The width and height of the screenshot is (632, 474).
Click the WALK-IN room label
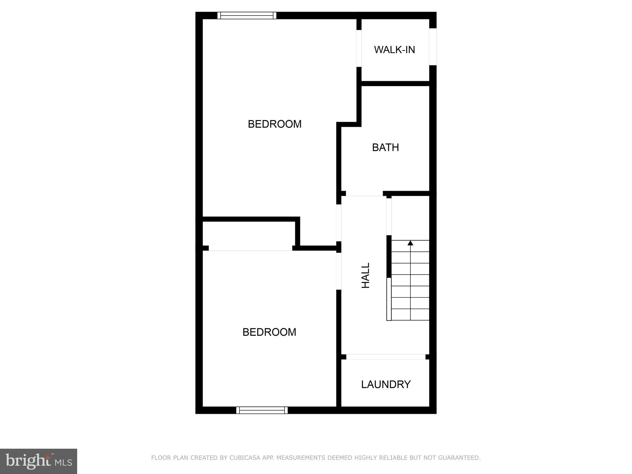(394, 50)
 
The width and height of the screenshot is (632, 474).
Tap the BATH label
(385, 148)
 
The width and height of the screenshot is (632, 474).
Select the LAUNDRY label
(386, 385)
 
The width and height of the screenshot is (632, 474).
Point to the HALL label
(365, 276)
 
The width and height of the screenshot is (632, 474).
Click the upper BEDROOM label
(275, 124)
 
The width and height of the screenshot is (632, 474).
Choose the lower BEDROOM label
(269, 332)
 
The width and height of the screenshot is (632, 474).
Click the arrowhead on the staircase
(410, 243)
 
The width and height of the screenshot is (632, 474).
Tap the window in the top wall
(247, 15)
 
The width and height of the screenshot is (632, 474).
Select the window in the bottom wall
(262, 410)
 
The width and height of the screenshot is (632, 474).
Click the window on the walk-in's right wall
(433, 47)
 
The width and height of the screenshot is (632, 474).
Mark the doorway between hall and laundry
(385, 357)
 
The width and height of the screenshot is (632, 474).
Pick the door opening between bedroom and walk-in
(359, 48)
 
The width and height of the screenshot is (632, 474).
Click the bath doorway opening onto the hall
(364, 194)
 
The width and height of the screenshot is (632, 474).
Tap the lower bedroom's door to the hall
(339, 271)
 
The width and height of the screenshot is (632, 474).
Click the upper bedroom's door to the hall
(339, 223)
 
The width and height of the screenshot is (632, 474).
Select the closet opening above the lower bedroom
(251, 248)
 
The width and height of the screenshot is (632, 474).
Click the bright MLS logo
(39, 461)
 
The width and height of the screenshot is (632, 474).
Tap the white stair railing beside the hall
(389, 299)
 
